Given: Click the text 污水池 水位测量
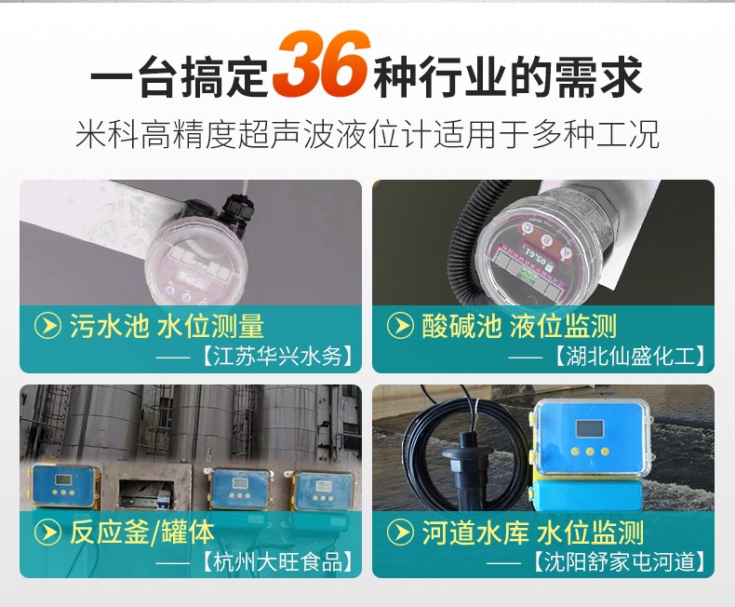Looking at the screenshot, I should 167,326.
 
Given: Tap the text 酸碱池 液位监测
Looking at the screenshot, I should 519,326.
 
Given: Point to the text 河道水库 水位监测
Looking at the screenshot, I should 532,533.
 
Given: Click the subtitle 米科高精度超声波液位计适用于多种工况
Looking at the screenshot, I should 367,134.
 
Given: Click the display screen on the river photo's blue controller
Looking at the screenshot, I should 589,428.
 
